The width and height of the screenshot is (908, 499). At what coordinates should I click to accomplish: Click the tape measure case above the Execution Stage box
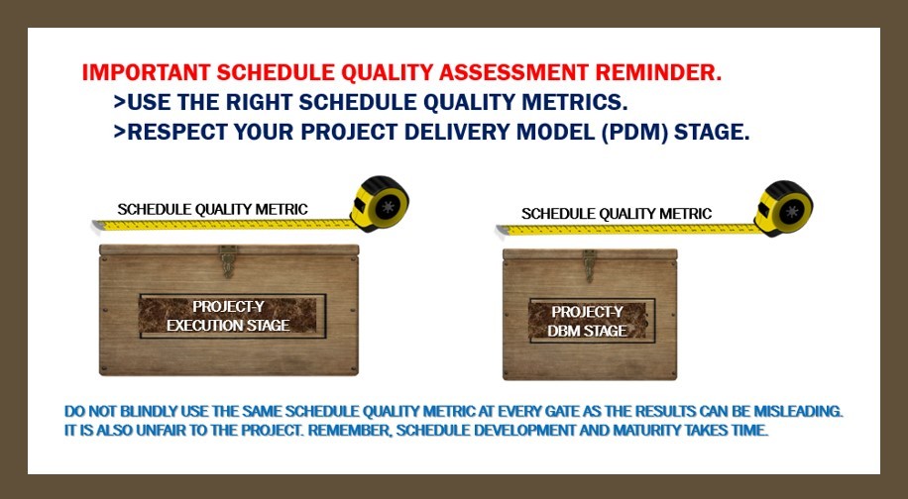(380, 204)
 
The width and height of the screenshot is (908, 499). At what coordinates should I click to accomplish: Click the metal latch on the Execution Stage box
(228, 260)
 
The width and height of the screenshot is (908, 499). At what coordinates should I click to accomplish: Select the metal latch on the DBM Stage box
(590, 265)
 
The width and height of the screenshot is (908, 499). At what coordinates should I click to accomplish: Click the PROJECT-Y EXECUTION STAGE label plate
(232, 316)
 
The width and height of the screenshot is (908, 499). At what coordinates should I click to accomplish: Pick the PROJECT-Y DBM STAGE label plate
(592, 321)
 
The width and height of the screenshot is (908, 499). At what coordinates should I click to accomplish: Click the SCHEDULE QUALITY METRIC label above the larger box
(212, 209)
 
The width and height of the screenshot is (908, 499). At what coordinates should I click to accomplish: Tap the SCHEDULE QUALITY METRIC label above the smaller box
(617, 214)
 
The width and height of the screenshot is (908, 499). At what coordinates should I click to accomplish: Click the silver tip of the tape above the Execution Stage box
(97, 225)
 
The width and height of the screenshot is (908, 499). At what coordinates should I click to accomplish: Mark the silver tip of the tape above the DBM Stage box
(502, 230)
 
